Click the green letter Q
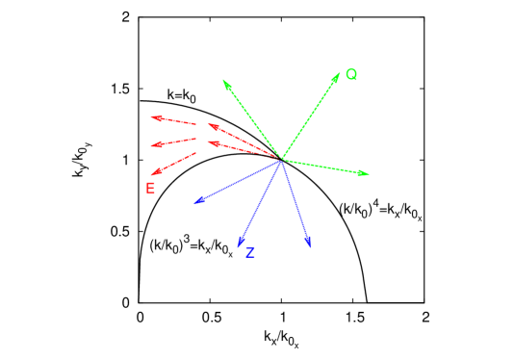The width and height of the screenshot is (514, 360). tap(351, 75)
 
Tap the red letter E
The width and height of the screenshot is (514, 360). tap(150, 189)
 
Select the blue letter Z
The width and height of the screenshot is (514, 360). tap(250, 252)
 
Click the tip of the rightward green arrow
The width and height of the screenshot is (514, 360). tap(369, 174)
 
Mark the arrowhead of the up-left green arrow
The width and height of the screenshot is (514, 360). tap(223, 80)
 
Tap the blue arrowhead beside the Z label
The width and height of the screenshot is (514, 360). tap(239, 247)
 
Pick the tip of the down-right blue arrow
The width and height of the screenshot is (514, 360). tap(310, 247)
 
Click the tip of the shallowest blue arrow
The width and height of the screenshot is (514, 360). tap(194, 203)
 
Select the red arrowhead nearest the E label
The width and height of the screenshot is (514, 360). tap(151, 175)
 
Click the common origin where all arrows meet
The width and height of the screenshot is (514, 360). tap(281, 159)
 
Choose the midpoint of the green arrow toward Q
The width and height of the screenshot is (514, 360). tap(310, 116)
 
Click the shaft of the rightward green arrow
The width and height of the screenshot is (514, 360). tap(325, 167)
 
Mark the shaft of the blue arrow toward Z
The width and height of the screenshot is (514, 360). tap(260, 203)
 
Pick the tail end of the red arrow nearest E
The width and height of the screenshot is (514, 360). tap(196, 153)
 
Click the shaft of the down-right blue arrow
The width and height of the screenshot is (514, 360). tap(296, 203)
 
